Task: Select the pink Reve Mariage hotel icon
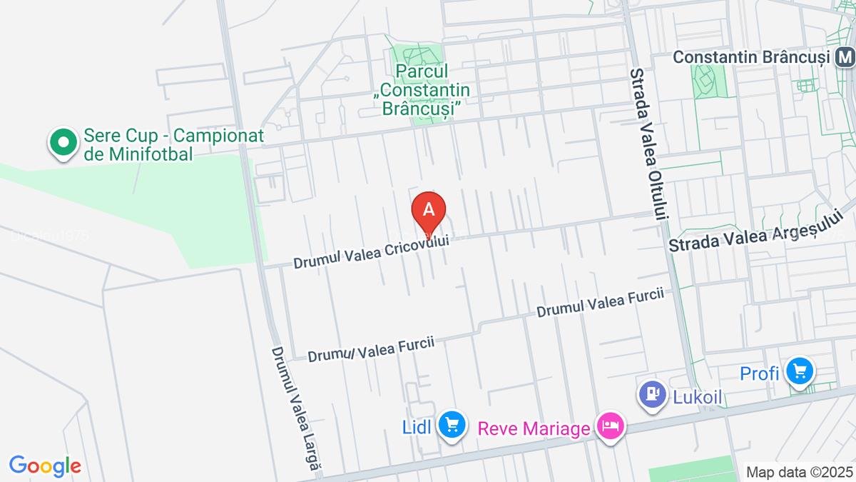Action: [611, 428]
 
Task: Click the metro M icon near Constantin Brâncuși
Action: [846, 56]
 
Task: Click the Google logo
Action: [44, 466]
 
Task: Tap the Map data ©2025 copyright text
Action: [799, 472]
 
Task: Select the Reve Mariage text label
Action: [534, 428]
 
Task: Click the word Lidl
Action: [417, 427]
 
